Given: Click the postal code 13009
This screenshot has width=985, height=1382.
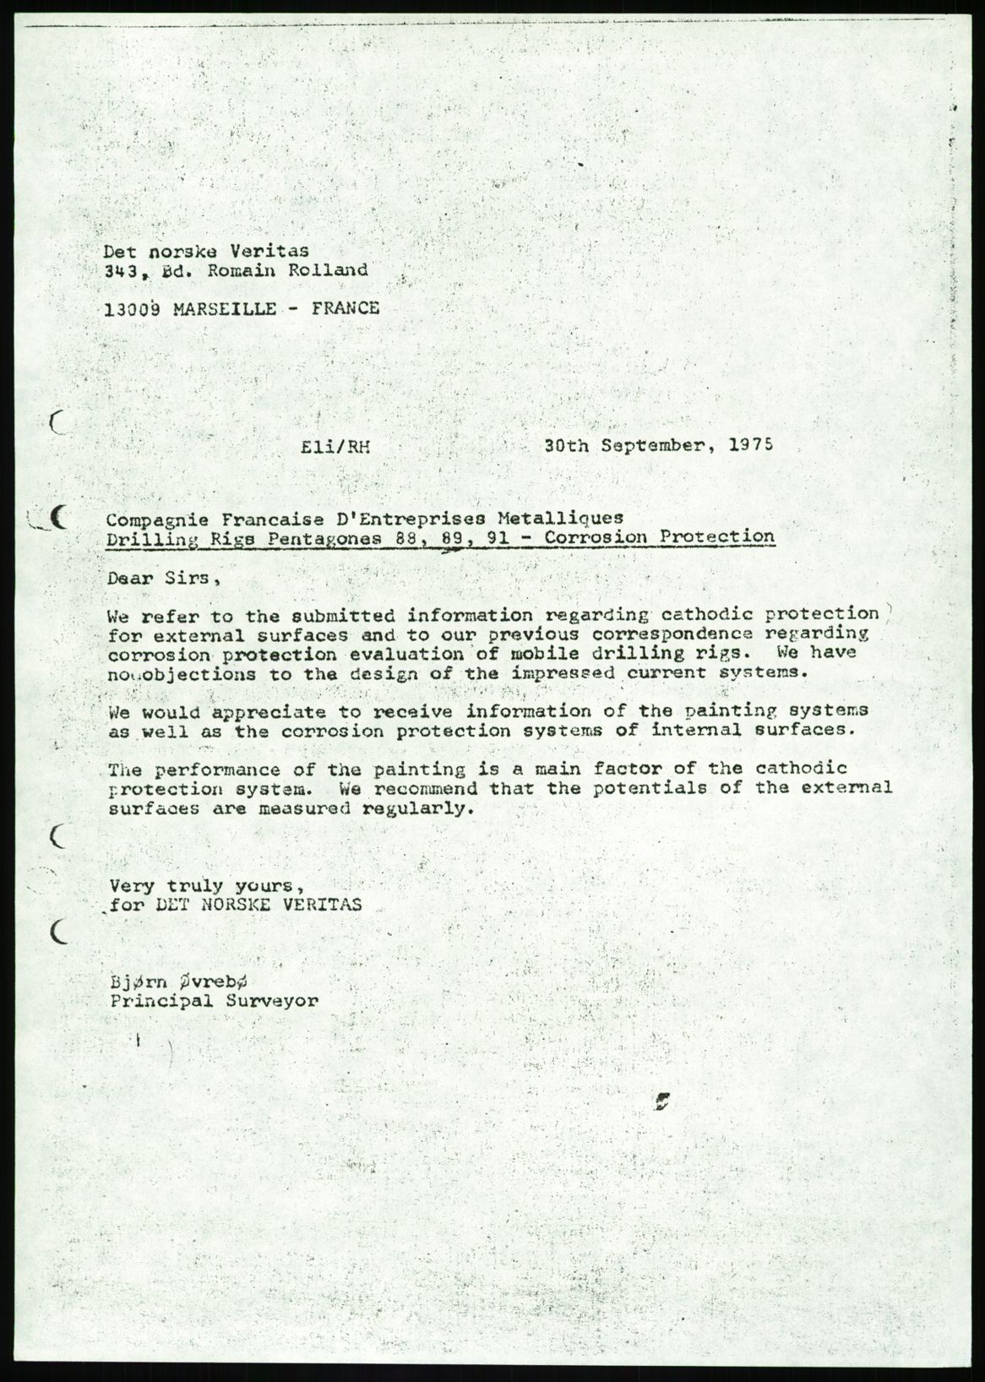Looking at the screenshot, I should (x=132, y=309).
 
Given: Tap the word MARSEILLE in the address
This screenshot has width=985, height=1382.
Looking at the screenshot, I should (x=223, y=309).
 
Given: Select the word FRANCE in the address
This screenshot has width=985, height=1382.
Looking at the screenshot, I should (x=346, y=308).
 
